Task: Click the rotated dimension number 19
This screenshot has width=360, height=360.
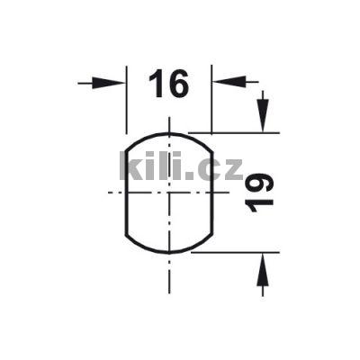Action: (260, 193)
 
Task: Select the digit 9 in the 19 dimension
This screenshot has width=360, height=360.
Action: (260, 183)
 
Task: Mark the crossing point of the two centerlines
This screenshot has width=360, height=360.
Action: (168, 193)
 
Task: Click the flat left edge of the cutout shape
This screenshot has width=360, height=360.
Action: (124, 193)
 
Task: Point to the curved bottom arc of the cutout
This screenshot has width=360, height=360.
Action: (168, 252)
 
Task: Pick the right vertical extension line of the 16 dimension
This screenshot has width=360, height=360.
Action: (212, 99)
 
